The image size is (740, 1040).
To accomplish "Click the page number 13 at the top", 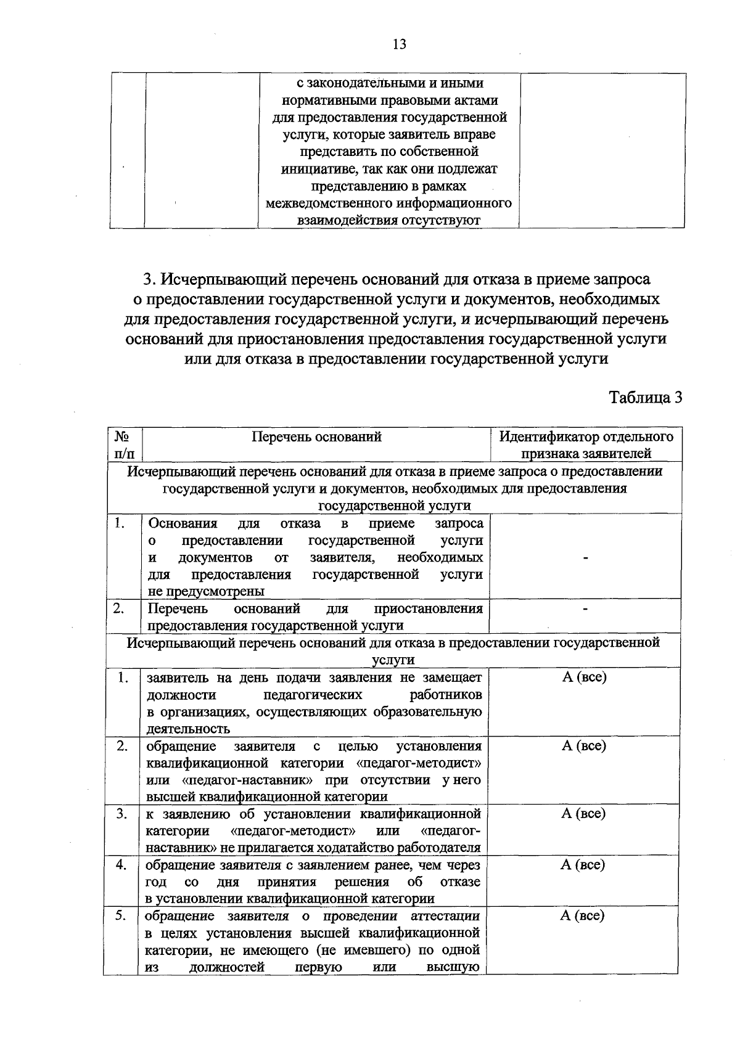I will coord(399,44).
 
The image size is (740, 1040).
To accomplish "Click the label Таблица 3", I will coord(646,398).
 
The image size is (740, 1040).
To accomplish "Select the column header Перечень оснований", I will coord(316,437).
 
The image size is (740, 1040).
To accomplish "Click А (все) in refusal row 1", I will coord(584,678).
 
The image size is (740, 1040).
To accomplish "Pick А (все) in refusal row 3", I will coord(583,814).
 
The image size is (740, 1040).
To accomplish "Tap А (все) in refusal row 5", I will coord(582,916).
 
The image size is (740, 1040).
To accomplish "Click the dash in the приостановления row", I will coord(585,609).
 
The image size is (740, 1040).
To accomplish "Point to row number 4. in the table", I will coord(121,865).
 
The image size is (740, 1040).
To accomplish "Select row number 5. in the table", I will coord(121,916).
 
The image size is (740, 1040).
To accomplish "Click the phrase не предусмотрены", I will coord(207,592).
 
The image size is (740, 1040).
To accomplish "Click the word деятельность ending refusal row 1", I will coord(188,729).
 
